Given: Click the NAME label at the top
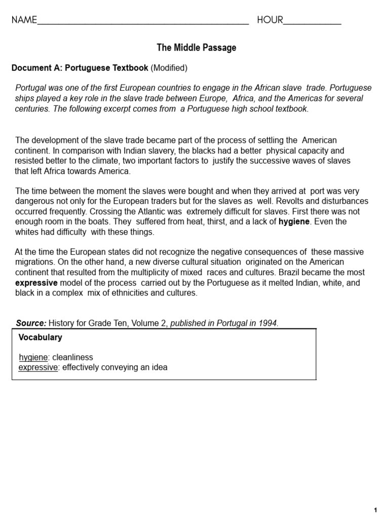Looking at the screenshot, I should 24,20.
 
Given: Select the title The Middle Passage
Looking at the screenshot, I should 197,48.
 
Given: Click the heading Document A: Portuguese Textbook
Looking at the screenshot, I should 80,68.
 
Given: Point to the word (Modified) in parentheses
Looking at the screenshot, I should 169,68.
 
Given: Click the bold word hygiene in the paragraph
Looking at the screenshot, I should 294,221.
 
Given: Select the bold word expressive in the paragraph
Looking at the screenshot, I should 36,283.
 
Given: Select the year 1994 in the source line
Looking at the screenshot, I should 268,323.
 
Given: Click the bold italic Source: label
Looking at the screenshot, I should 31,323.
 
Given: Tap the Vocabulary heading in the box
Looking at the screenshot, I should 40,338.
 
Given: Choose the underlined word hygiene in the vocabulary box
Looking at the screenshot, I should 33,357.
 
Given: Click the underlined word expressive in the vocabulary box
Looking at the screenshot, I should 37,367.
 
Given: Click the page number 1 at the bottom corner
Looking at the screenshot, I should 375,509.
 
